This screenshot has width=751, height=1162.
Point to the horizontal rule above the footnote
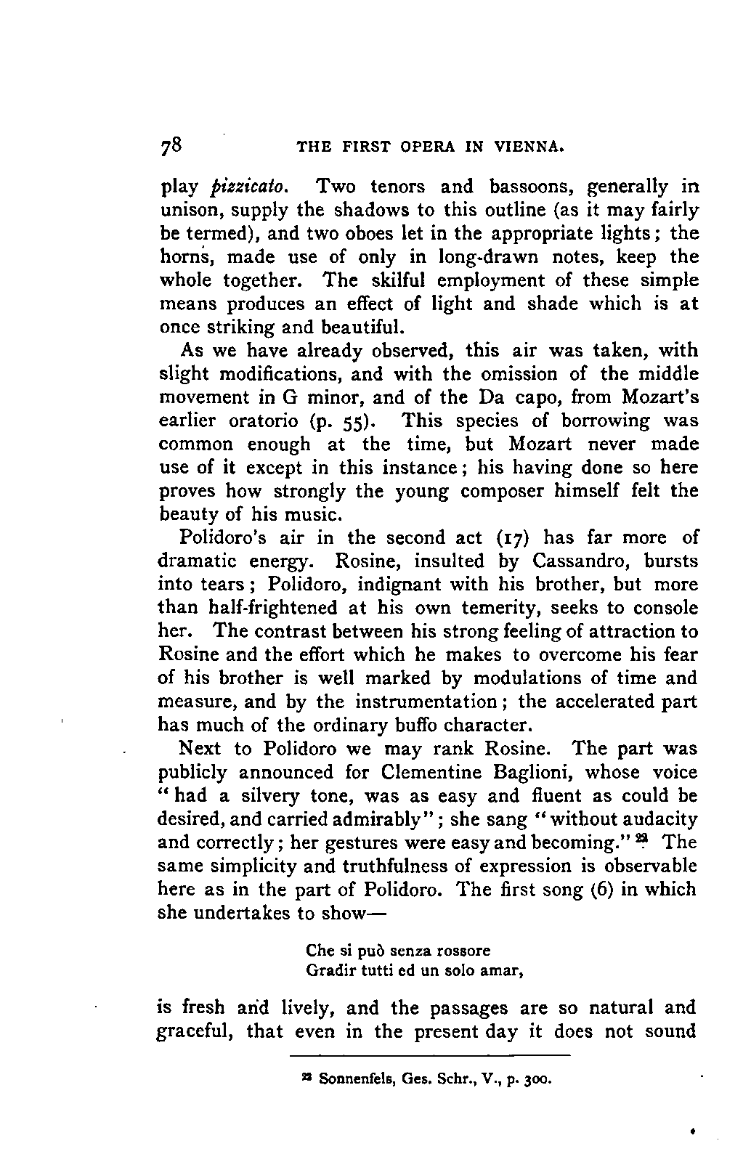[430, 1055]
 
